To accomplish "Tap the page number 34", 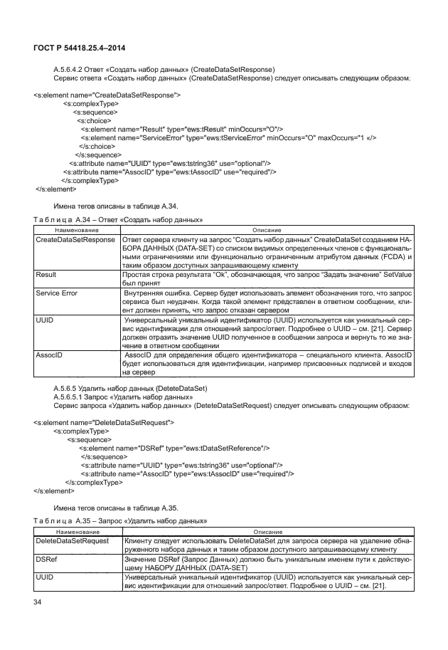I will click(x=38, y=604).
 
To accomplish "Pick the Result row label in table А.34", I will click(x=46, y=273).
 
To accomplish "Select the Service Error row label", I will click(x=58, y=293).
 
